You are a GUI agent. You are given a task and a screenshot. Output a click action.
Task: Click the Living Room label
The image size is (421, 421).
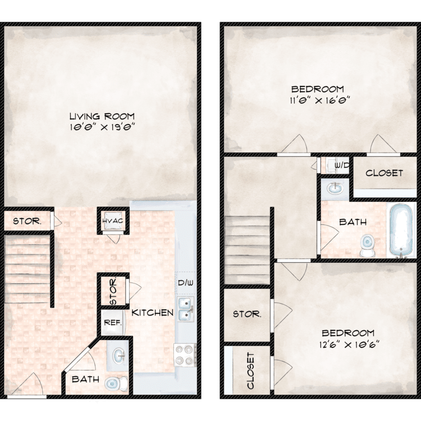(x=102, y=116)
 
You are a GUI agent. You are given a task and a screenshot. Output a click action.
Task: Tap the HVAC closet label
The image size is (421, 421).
(x=113, y=221)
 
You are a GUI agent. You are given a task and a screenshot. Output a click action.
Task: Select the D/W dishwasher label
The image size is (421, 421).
(x=186, y=282)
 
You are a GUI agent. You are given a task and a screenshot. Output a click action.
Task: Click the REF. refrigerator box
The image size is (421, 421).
(x=113, y=322)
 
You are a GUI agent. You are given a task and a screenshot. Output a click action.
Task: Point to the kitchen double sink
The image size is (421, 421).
(x=186, y=309)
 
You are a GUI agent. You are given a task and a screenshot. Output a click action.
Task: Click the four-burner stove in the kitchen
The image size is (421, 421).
(x=184, y=355)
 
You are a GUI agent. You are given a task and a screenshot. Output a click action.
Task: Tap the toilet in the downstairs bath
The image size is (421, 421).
(x=117, y=383)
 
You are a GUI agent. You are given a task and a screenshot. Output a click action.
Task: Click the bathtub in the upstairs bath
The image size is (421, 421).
(x=401, y=231)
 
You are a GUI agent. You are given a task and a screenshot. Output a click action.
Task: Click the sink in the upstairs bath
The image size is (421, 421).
(x=335, y=188)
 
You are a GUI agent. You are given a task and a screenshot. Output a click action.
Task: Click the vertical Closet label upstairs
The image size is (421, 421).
(x=250, y=371)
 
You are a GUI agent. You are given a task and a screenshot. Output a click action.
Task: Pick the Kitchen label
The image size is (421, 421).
(x=152, y=313)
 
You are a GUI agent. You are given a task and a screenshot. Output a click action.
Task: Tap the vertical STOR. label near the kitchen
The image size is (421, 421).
(x=113, y=291)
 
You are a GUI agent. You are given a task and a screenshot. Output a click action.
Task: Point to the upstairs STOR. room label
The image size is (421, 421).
(x=247, y=314)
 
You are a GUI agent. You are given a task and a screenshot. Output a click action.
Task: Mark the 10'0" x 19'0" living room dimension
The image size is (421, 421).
(x=102, y=126)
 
